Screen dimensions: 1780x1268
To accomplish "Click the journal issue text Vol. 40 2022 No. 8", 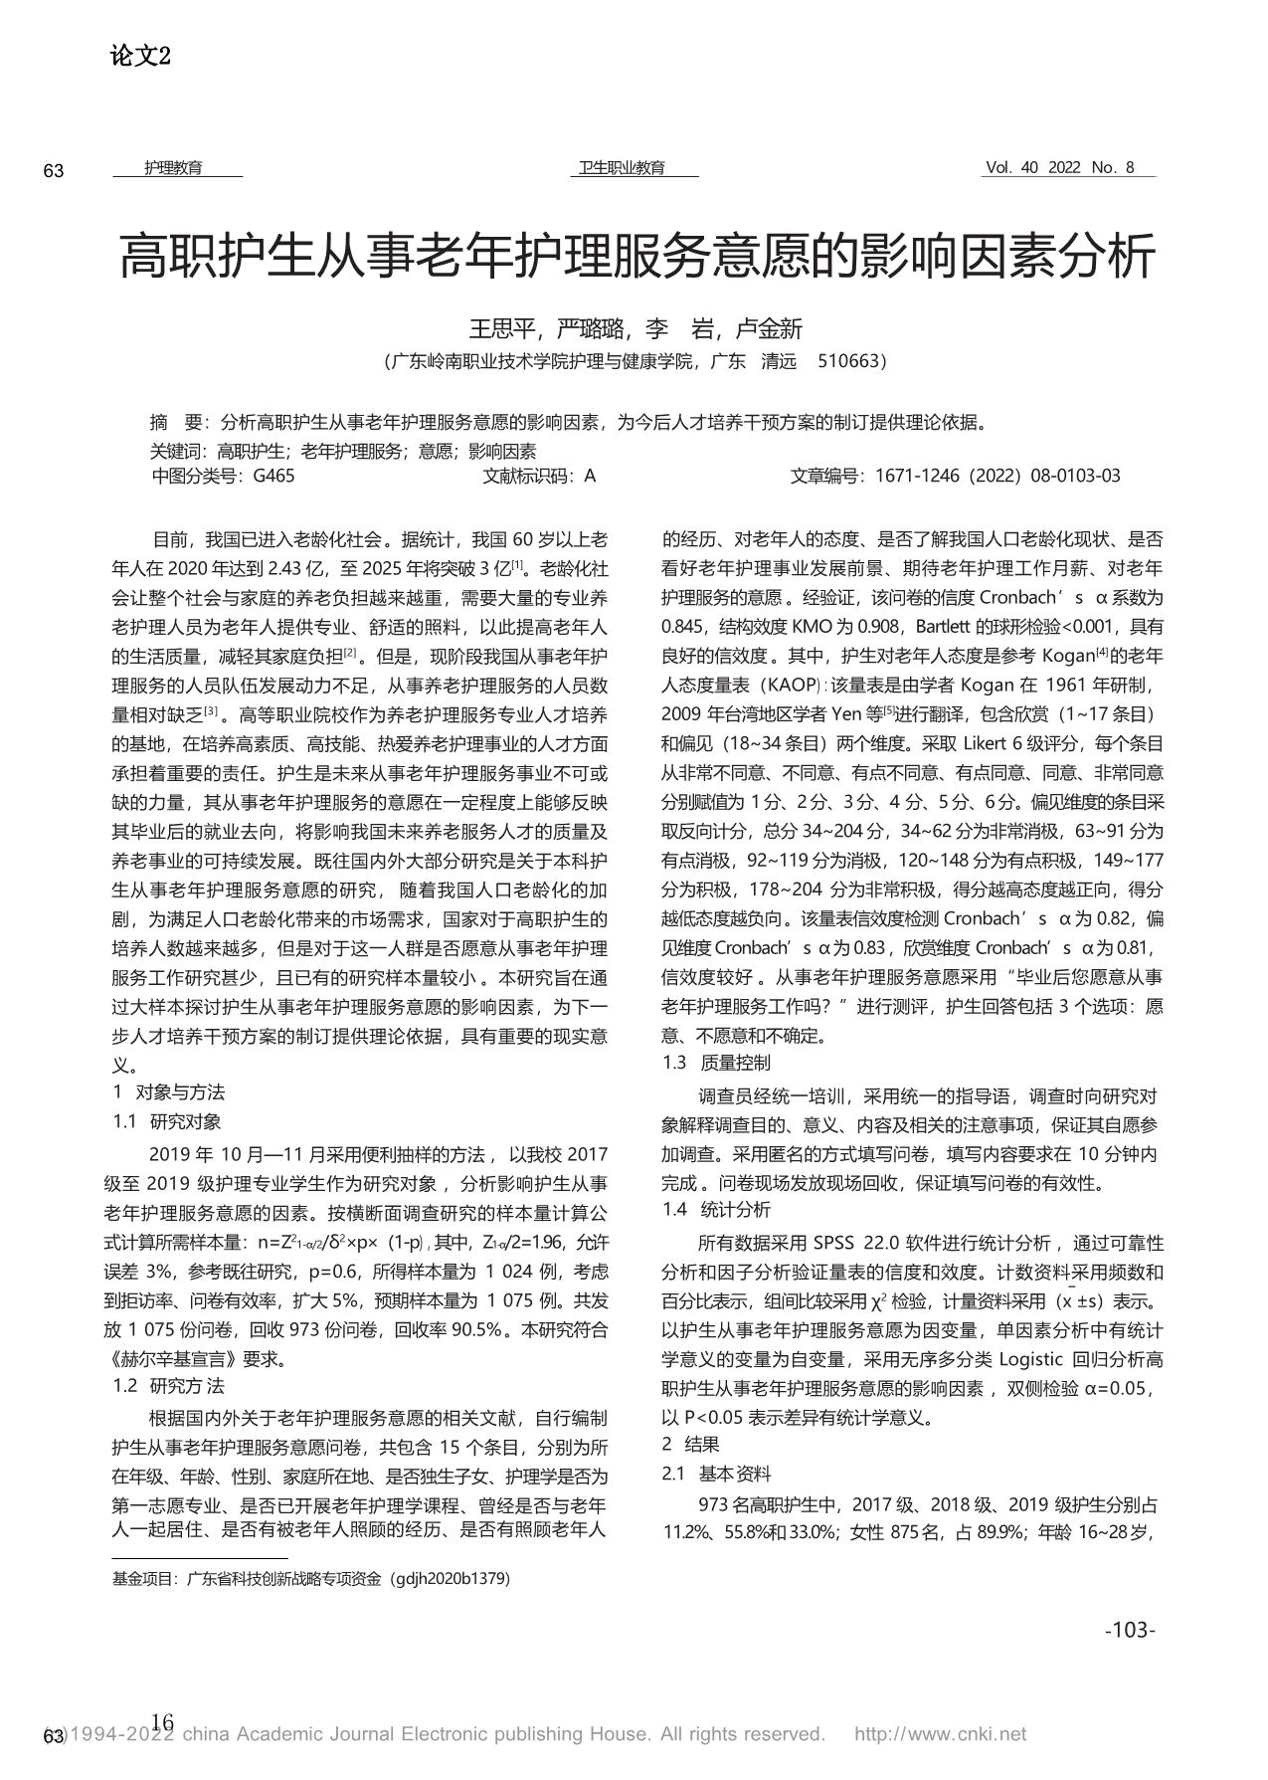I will coord(1059,168).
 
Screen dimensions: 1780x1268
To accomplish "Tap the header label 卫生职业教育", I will coord(623,168).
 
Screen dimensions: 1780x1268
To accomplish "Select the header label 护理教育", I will coord(173,168).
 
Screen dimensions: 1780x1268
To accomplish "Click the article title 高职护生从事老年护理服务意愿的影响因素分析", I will coord(636,257).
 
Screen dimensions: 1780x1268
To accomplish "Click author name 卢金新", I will coord(769,328).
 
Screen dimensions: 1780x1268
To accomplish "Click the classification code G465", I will coord(273,476).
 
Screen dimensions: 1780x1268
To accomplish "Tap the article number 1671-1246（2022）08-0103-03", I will coord(997,476).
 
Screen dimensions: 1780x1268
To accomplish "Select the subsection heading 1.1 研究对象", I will coord(167,1121).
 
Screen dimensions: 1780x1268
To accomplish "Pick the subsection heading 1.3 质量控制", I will coord(716,1063).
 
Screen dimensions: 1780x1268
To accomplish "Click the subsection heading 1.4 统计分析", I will coord(716,1210).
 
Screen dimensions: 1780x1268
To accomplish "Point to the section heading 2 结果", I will coord(690,1444).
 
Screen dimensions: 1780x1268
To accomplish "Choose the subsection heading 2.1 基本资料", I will coord(716,1474).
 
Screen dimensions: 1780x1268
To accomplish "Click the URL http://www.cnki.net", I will coord(940,1734).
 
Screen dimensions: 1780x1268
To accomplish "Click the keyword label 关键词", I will coord(175,450).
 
